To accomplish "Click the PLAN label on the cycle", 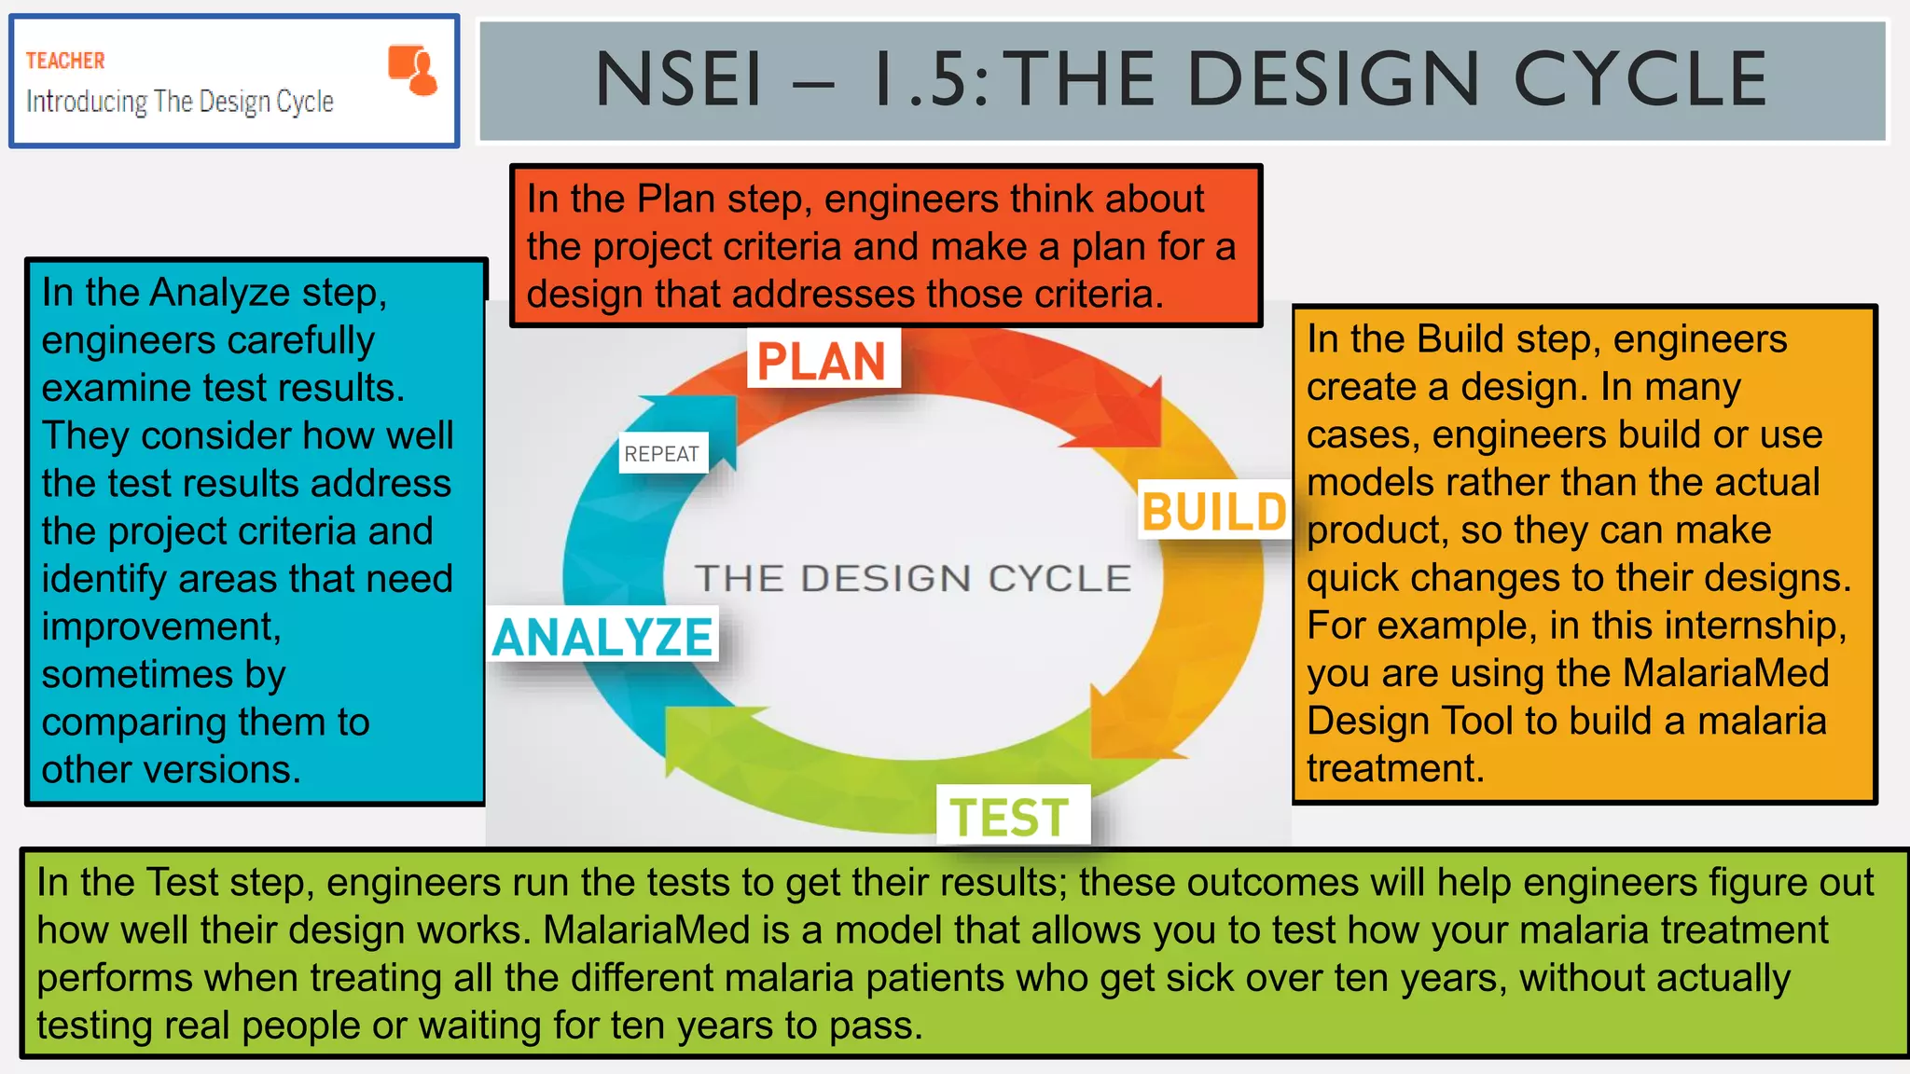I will tap(822, 361).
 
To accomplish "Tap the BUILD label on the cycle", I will tap(1214, 512).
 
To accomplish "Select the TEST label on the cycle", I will tap(1010, 818).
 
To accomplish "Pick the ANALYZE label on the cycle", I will tap(602, 638).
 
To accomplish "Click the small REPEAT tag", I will tap(662, 454).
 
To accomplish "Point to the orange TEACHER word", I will tap(64, 61).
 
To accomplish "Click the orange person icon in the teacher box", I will tap(413, 70).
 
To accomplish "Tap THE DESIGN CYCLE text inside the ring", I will tap(912, 578).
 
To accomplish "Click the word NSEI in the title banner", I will tap(679, 80).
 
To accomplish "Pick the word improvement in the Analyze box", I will tap(160, 626).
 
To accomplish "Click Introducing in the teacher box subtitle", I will tap(87, 102).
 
